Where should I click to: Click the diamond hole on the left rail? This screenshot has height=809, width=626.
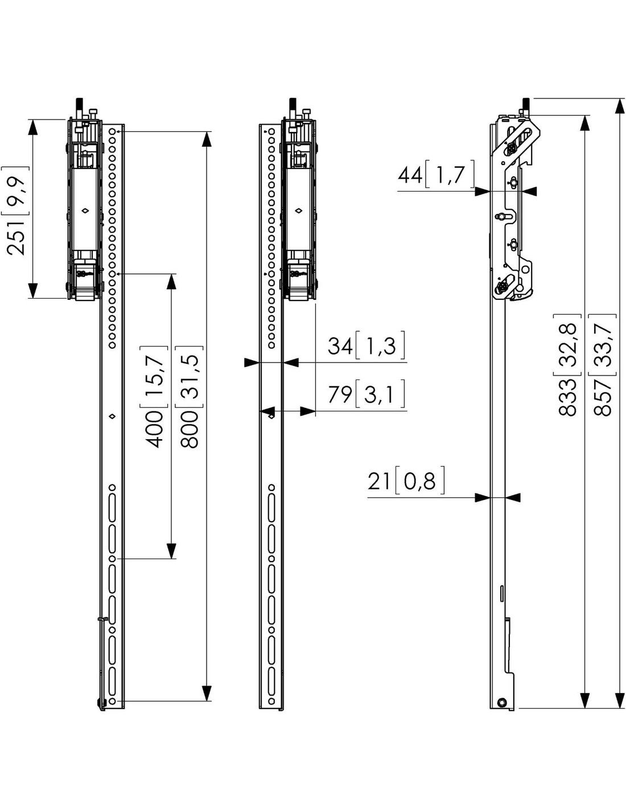click(x=112, y=416)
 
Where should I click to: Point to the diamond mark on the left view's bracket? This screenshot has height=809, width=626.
click(x=85, y=210)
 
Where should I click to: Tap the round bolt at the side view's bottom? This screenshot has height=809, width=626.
click(x=501, y=702)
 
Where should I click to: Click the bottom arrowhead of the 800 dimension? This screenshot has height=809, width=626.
click(x=206, y=693)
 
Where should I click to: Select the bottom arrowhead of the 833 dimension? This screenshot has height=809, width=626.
click(x=585, y=700)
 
